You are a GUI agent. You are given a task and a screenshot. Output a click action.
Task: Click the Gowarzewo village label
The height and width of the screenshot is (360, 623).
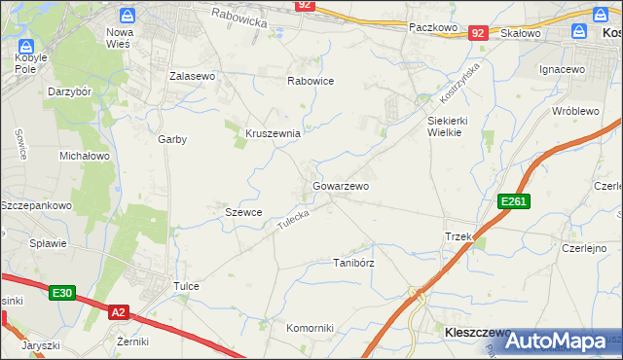(340, 185)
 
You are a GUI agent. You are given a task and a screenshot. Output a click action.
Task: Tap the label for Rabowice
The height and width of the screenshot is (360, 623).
(311, 81)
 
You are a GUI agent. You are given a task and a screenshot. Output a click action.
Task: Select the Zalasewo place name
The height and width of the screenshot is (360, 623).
(192, 75)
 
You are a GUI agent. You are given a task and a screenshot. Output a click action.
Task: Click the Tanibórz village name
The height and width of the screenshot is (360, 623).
(354, 263)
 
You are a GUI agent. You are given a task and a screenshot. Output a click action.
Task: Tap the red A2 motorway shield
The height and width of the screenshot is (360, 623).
(118, 311)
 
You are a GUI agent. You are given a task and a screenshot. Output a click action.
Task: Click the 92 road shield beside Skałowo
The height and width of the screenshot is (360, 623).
(477, 33)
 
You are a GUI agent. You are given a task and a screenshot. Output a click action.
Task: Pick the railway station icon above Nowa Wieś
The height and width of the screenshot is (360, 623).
(127, 16)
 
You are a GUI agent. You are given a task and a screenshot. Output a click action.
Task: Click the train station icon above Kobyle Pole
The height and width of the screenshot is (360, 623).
(26, 47)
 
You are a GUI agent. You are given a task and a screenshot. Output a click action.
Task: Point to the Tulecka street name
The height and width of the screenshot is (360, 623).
(293, 220)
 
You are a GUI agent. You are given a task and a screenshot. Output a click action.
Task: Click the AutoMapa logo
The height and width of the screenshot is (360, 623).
(556, 342)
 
